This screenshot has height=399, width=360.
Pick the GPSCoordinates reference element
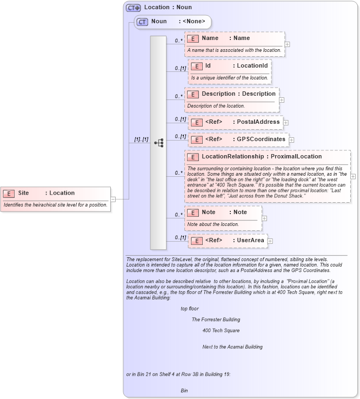238,139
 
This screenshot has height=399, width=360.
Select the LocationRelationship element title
262,157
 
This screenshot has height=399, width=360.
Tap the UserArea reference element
228,240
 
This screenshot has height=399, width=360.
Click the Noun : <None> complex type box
173,22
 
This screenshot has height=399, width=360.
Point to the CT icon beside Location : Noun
133,8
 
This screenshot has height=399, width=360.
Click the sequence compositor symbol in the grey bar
158,143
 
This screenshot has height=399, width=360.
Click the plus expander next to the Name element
287,44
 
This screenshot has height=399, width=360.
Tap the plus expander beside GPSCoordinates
291,139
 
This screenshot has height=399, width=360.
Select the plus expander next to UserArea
270,241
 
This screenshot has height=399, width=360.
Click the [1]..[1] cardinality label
141,139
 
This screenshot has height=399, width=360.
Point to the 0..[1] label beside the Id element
181,69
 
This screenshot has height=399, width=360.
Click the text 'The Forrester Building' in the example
216,320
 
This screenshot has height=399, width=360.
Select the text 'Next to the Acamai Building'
232,347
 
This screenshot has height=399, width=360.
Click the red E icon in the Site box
10,193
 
